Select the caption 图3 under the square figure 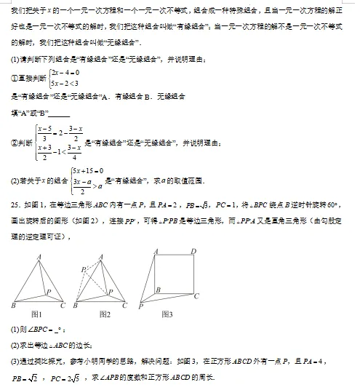pyautogui.click(x=167, y=314)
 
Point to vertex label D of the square pyautogui.click(x=193, y=251)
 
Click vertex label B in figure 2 pyautogui.click(x=76, y=306)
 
